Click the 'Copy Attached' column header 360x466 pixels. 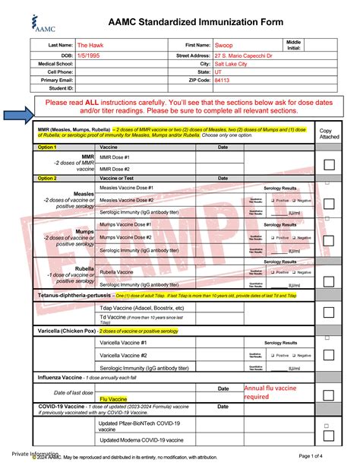pos(329,135)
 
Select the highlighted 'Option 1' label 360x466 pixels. pos(47,147)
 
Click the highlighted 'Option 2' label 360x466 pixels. pos(47,178)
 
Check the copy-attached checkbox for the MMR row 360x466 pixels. pos(329,164)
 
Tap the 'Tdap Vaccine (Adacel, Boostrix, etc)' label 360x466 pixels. pos(142,307)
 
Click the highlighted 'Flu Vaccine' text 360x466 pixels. pos(113,398)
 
